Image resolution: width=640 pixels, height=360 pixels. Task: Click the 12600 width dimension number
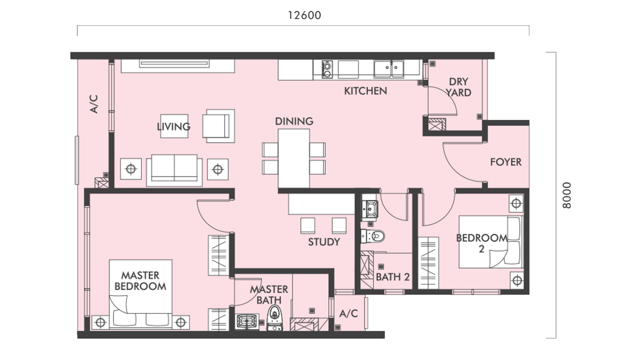[x=305, y=15]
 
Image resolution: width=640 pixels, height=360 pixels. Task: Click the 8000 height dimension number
[x=567, y=195]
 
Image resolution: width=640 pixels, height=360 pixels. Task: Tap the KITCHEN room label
[x=365, y=91]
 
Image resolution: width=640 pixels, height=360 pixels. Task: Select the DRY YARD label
[x=458, y=87]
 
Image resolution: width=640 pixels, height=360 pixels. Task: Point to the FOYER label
[x=505, y=162]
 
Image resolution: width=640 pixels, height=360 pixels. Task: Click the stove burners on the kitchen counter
[x=327, y=70]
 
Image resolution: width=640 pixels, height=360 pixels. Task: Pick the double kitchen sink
[x=388, y=68]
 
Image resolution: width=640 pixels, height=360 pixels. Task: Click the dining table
[x=294, y=158]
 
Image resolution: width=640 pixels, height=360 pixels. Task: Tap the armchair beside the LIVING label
[x=218, y=126]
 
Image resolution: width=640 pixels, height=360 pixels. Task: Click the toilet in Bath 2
[x=373, y=236]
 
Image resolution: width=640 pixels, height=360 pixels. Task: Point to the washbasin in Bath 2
[x=370, y=208]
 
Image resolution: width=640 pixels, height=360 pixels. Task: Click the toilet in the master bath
[x=274, y=317]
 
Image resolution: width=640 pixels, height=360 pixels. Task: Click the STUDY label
[x=324, y=242]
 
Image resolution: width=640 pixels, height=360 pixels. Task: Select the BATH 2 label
[x=392, y=277]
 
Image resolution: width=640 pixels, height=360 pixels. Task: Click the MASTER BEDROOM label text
[x=140, y=281]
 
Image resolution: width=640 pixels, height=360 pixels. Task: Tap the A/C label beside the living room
[x=94, y=104]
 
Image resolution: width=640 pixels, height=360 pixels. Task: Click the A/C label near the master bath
[x=348, y=314]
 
